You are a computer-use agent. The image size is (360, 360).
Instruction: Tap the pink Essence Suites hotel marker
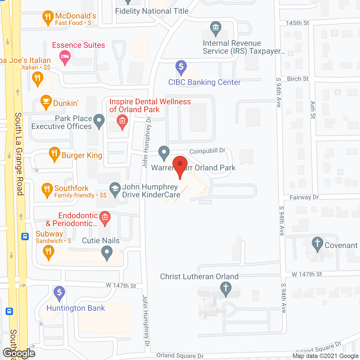[65, 57]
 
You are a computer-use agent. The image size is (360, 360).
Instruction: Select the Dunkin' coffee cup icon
[46, 102]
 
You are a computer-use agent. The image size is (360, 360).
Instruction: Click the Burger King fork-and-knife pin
[54, 154]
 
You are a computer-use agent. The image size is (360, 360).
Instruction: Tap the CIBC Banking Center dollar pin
[181, 67]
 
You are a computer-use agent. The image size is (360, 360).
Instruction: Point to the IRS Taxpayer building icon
[216, 28]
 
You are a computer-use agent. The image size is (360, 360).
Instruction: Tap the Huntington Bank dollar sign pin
[59, 293]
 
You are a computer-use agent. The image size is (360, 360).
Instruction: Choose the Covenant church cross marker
[318, 244]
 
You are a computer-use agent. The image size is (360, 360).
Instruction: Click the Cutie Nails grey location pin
[107, 252]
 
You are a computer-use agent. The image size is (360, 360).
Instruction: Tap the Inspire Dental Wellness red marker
[122, 122]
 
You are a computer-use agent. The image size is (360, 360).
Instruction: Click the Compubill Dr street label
[207, 151]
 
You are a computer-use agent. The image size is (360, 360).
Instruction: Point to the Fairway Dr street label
[304, 197]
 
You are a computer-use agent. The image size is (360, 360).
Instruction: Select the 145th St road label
[297, 23]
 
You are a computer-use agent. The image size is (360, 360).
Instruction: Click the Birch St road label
[298, 79]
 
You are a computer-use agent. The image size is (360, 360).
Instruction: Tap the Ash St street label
[313, 110]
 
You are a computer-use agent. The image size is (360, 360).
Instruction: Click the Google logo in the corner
[19, 353]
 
